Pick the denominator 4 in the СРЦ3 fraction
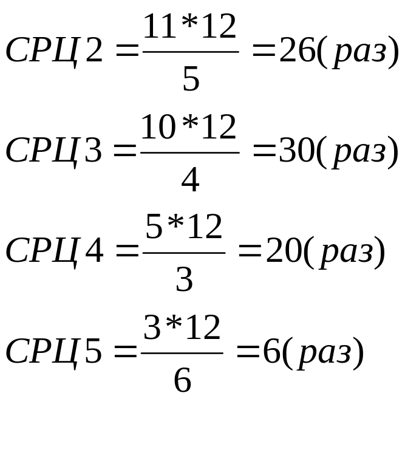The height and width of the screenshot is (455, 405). (x=190, y=180)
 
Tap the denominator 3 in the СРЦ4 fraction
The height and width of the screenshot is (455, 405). (x=184, y=280)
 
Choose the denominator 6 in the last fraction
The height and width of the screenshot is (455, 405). (x=182, y=381)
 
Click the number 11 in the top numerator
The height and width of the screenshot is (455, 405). (x=158, y=28)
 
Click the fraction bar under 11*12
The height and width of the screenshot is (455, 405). (x=190, y=52)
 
